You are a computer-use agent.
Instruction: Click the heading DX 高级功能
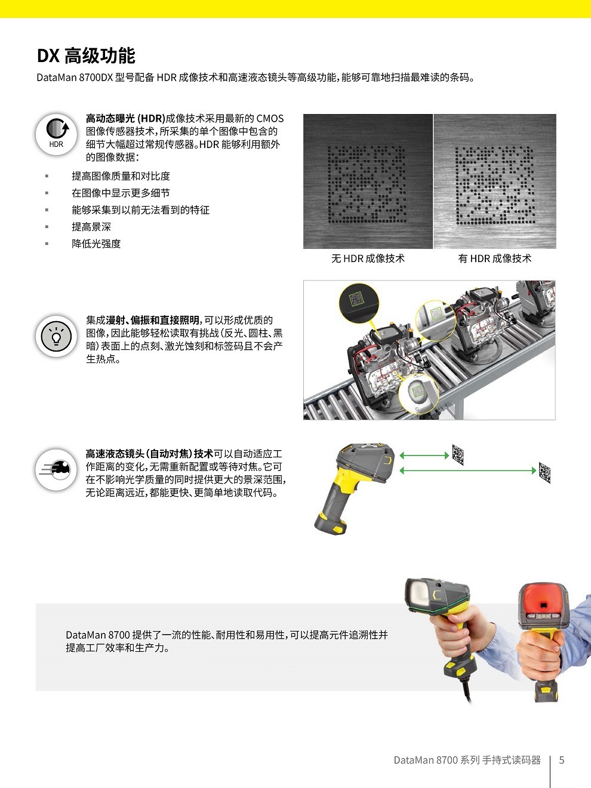pyautogui.click(x=86, y=56)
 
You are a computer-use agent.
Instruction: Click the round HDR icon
pyautogui.click(x=56, y=135)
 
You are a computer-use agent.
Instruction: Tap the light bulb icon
pyautogui.click(x=56, y=337)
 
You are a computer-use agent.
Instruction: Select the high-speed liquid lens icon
pyautogui.click(x=56, y=469)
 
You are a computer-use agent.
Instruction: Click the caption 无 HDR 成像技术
pyautogui.click(x=368, y=258)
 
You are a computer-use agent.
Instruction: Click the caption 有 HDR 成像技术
pyautogui.click(x=494, y=258)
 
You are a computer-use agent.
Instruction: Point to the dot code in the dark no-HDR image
pyautogui.click(x=367, y=181)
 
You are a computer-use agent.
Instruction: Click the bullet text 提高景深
pyautogui.click(x=91, y=227)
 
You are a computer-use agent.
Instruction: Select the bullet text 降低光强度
pyautogui.click(x=96, y=244)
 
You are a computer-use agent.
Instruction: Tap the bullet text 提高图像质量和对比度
pyautogui.click(x=121, y=176)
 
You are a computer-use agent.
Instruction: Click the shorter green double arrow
pyautogui.click(x=424, y=455)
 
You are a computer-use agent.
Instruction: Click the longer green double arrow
pyautogui.click(x=468, y=471)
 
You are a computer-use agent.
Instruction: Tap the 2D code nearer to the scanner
pyautogui.click(x=458, y=455)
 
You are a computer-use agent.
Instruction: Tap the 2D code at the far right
pyautogui.click(x=544, y=472)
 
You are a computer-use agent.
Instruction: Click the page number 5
pyautogui.click(x=561, y=760)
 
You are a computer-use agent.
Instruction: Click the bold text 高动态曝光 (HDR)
pyautogui.click(x=125, y=118)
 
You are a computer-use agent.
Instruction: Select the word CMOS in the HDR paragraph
pyautogui.click(x=270, y=118)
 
